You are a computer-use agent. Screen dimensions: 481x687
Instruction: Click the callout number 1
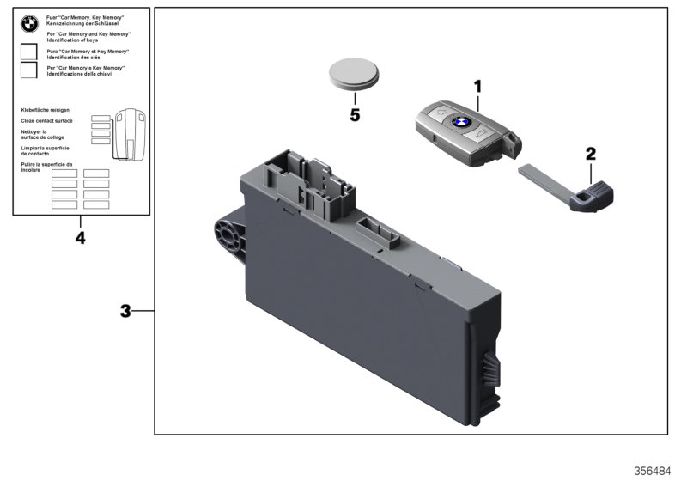tap(478, 86)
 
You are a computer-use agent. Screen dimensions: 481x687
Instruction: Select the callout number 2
tap(590, 155)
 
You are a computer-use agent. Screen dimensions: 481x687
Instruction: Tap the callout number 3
tap(125, 311)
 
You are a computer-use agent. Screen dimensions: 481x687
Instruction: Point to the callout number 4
tap(80, 237)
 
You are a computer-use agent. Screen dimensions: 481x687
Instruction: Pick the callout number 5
tap(355, 114)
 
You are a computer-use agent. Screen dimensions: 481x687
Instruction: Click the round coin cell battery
tap(354, 76)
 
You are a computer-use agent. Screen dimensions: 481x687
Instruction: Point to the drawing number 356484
tap(654, 471)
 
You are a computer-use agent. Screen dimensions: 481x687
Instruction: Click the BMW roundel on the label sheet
tap(30, 24)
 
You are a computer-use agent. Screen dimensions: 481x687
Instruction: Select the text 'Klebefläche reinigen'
tap(45, 111)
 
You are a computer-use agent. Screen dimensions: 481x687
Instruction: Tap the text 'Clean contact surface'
tap(46, 121)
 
